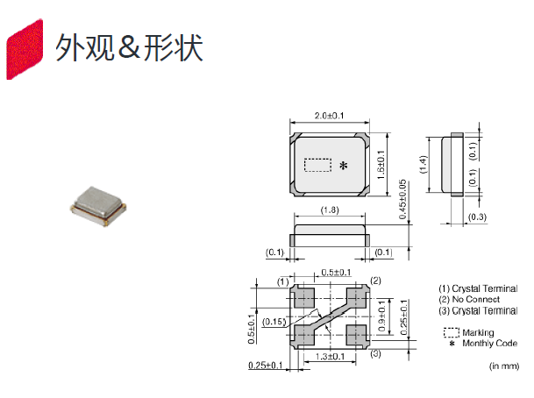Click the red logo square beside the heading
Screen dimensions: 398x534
click(x=24, y=49)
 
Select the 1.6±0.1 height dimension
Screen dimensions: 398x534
click(x=380, y=165)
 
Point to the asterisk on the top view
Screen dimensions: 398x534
click(x=343, y=165)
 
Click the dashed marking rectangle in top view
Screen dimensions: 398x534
click(x=317, y=165)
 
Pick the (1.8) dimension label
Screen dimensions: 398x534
click(x=329, y=210)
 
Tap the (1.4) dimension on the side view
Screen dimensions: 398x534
click(x=423, y=164)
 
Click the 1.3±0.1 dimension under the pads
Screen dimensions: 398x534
click(x=330, y=357)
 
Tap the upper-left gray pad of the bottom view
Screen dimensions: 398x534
click(x=304, y=297)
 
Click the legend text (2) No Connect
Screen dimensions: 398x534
click(x=475, y=300)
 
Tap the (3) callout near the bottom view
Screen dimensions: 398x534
click(x=374, y=353)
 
